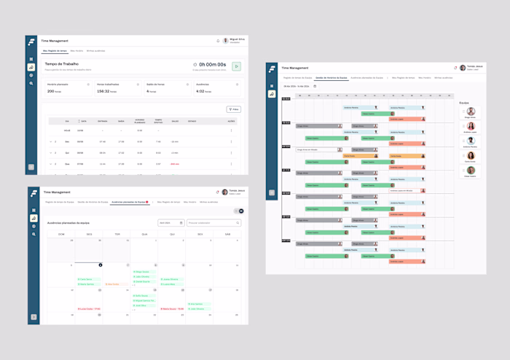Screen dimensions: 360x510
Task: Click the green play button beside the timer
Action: click(237, 66)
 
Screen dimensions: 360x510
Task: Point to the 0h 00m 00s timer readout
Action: click(212, 65)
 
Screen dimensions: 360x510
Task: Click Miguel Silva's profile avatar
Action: click(226, 41)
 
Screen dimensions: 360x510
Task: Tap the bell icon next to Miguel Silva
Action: click(218, 41)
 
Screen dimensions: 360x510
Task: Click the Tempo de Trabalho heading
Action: click(62, 64)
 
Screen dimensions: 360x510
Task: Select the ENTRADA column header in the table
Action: click(102, 121)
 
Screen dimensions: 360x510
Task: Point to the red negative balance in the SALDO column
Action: click(175, 164)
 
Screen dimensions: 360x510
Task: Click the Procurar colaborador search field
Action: click(213, 223)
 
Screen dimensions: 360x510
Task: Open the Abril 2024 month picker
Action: click(170, 223)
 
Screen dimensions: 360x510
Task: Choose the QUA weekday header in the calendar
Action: click(144, 234)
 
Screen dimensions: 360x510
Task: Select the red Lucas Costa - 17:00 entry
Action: click(90, 309)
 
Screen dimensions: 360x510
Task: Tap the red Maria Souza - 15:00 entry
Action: click(173, 309)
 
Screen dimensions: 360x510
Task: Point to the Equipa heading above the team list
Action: click(464, 103)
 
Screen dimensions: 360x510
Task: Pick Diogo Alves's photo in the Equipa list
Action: click(471, 111)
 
